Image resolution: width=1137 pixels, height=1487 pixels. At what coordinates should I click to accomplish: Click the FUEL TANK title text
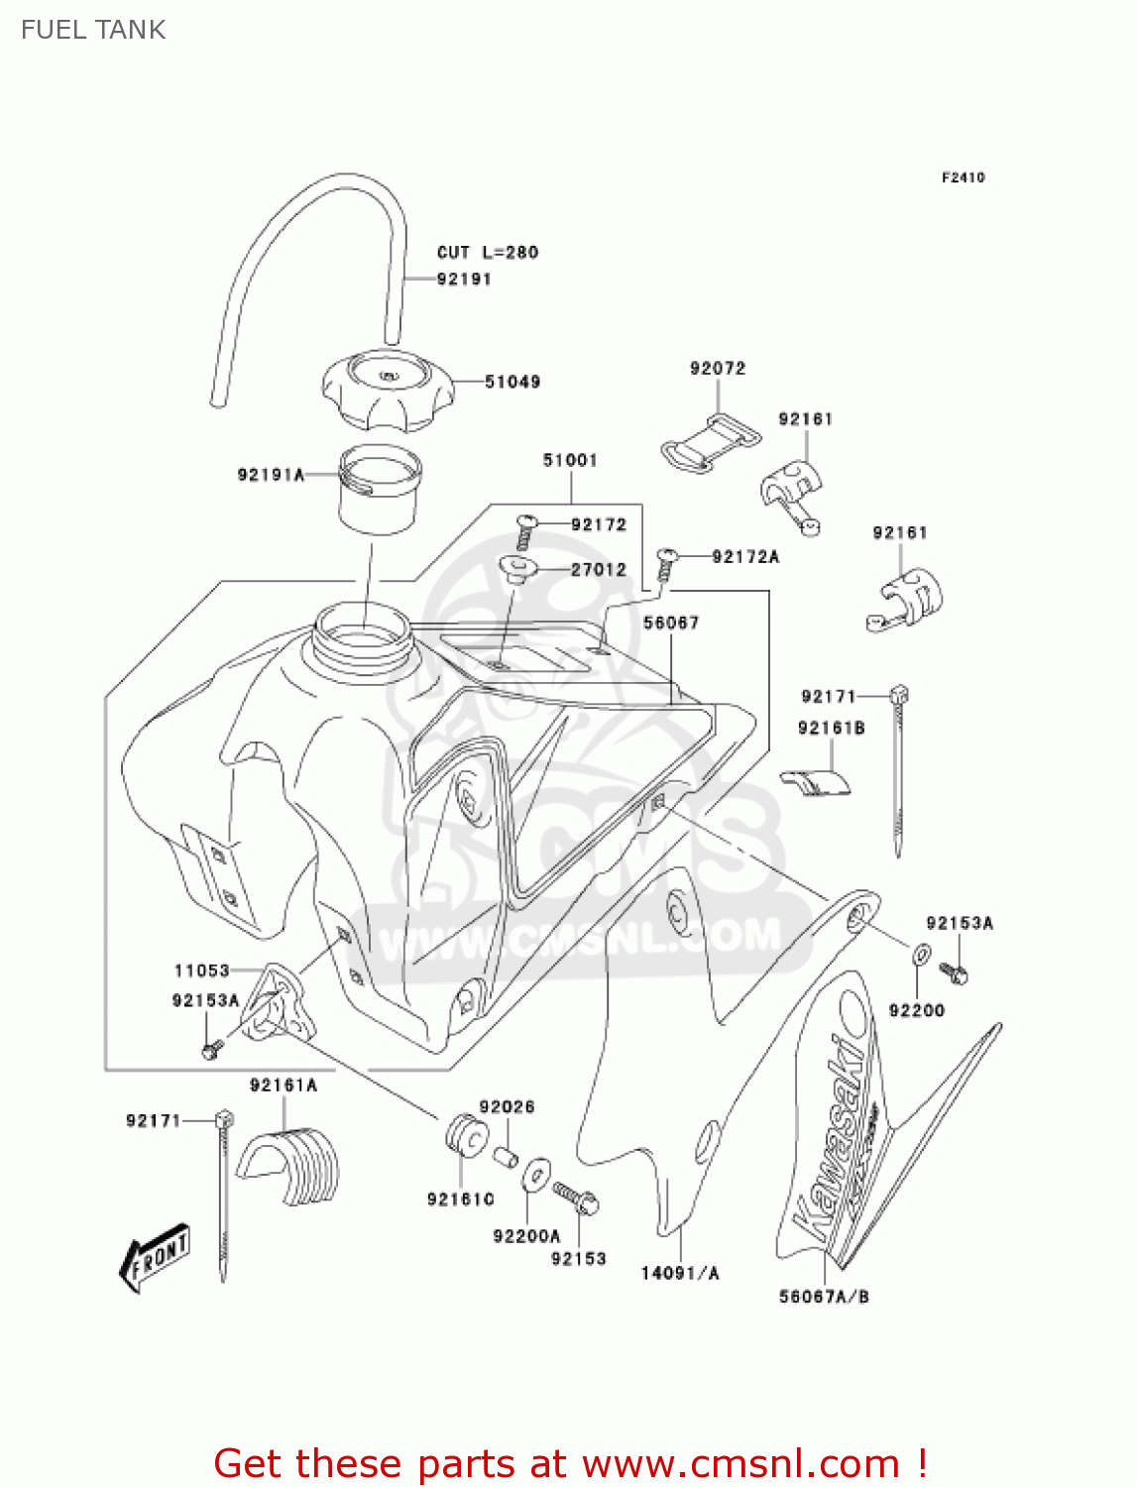[93, 30]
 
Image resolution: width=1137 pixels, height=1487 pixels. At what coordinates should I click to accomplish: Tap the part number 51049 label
[512, 382]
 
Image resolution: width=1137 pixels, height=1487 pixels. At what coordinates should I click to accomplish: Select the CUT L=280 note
[488, 253]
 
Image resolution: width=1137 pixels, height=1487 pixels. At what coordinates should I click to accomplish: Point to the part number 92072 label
[718, 369]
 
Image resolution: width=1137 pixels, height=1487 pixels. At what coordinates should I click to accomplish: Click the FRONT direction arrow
[155, 1257]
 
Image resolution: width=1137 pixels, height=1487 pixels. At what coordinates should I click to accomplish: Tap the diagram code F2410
[963, 177]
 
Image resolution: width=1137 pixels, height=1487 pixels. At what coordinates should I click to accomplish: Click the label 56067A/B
[824, 1297]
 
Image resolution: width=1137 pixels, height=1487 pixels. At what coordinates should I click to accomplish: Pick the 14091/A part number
[680, 1274]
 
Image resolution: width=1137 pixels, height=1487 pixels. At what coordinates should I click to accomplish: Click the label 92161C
[461, 1200]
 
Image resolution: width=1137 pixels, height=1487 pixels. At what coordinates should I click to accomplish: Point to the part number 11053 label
[201, 972]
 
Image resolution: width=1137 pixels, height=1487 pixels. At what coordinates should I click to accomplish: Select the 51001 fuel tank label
[570, 460]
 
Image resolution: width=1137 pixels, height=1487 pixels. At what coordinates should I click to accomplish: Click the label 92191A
[270, 475]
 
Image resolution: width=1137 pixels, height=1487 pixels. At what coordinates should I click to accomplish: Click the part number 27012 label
[598, 570]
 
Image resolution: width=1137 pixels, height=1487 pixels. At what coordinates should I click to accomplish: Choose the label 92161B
[831, 729]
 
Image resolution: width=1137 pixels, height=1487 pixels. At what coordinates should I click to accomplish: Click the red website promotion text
[571, 1463]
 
